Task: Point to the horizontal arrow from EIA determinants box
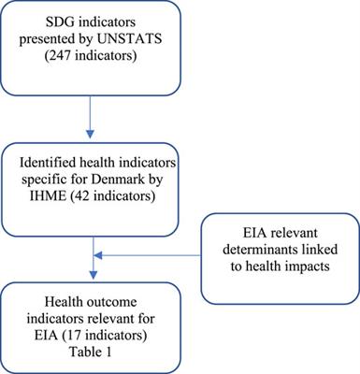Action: tap(150, 249)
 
